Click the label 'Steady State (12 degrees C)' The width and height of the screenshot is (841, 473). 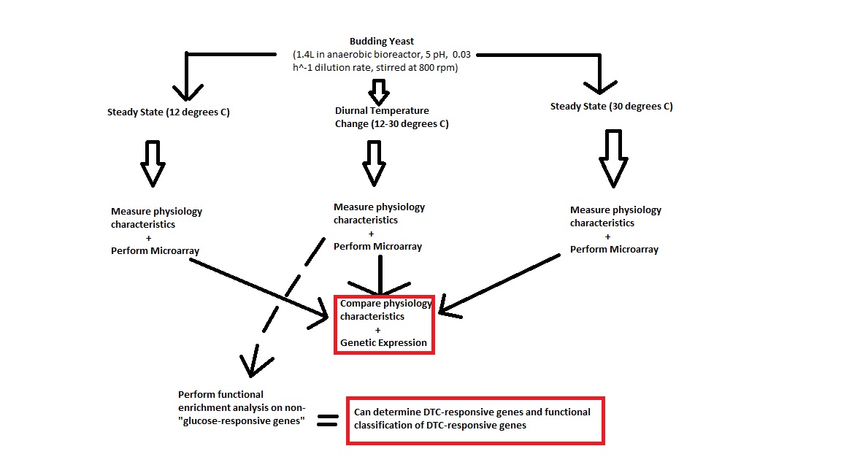168,112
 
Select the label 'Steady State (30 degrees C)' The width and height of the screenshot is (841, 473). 611,107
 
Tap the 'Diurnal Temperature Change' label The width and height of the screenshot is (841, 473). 382,111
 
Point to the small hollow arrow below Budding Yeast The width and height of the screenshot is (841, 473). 378,91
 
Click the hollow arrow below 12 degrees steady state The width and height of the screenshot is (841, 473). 153,162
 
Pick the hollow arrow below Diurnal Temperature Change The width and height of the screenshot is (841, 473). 375,162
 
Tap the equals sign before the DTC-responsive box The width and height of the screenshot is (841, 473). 328,420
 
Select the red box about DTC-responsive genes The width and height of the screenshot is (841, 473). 475,420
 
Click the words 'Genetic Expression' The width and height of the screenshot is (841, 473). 383,342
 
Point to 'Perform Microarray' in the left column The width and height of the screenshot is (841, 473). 155,251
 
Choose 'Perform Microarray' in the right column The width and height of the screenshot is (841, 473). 614,250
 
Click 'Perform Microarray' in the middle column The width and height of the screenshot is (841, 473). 377,247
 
